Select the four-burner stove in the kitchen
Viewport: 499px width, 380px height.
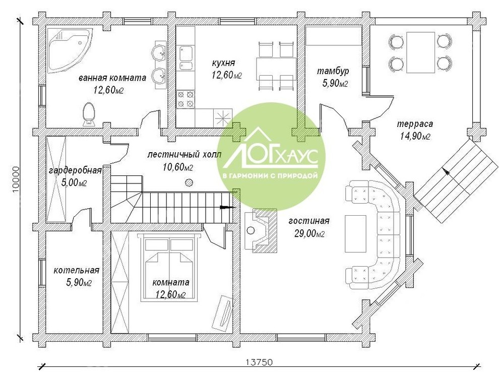(185, 99)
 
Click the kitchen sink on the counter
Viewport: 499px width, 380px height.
(186, 58)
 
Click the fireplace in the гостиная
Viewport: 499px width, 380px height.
(261, 231)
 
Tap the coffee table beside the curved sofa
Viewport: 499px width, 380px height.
(355, 234)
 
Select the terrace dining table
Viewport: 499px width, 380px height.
(420, 52)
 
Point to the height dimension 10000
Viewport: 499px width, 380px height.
(15, 180)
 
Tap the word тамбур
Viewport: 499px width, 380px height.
(333, 71)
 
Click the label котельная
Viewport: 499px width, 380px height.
(77, 271)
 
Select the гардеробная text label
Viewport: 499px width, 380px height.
(75, 171)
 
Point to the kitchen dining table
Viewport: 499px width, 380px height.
(276, 69)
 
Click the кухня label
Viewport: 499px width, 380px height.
(223, 63)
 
